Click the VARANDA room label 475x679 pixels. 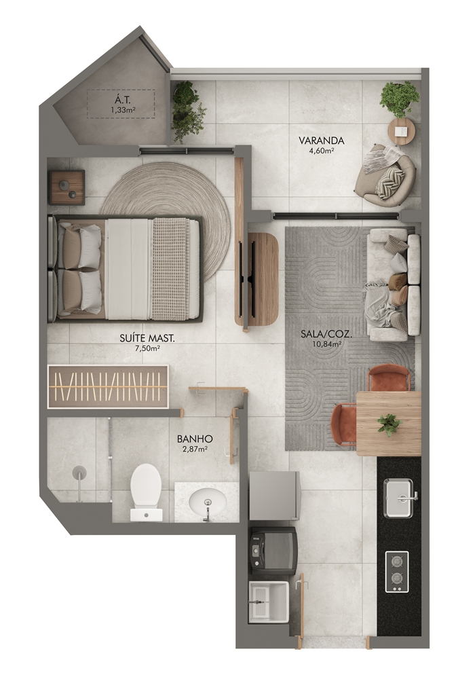[321, 141]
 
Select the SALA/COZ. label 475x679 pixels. [326, 334]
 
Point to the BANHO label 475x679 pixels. [195, 439]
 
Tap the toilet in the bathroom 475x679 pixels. [146, 492]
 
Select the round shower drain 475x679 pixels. [79, 473]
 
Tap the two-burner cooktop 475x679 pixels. [397, 571]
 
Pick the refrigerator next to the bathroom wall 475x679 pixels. [275, 496]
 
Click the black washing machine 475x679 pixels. [274, 551]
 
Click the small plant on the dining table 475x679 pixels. [388, 424]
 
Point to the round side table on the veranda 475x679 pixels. [402, 130]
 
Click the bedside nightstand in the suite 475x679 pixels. [66, 187]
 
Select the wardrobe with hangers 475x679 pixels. [108, 386]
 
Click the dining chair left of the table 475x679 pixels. [344, 425]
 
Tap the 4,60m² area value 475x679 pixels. [322, 151]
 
